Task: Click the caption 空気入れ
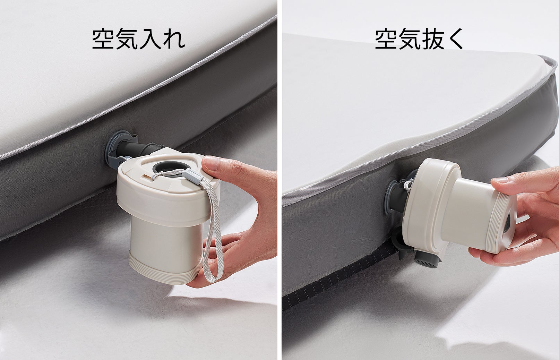[138, 39]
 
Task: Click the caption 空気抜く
[419, 39]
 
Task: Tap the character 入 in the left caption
[150, 39]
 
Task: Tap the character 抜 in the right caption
[433, 39]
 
